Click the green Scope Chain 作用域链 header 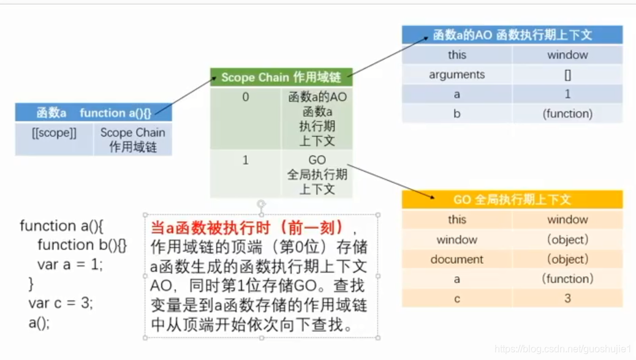pyautogui.click(x=281, y=77)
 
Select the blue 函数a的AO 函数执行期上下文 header pyautogui.click(x=512, y=35)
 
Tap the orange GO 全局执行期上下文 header pyautogui.click(x=512, y=200)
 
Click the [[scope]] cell pyautogui.click(x=54, y=133)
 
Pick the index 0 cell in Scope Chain pyautogui.click(x=246, y=97)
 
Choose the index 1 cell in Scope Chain pyautogui.click(x=246, y=160)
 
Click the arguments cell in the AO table pyautogui.click(x=457, y=75)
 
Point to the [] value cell pyautogui.click(x=567, y=75)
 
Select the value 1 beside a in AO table pyautogui.click(x=567, y=94)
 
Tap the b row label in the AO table pyautogui.click(x=457, y=114)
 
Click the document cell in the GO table pyautogui.click(x=457, y=259)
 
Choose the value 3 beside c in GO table pyautogui.click(x=567, y=298)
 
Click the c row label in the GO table pyautogui.click(x=457, y=298)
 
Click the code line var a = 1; pyautogui.click(x=70, y=264)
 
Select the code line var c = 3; pyautogui.click(x=61, y=303)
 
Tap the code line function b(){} pyautogui.click(x=82, y=246)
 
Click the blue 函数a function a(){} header pyautogui.click(x=93, y=113)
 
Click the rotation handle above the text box pyautogui.click(x=261, y=203)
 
